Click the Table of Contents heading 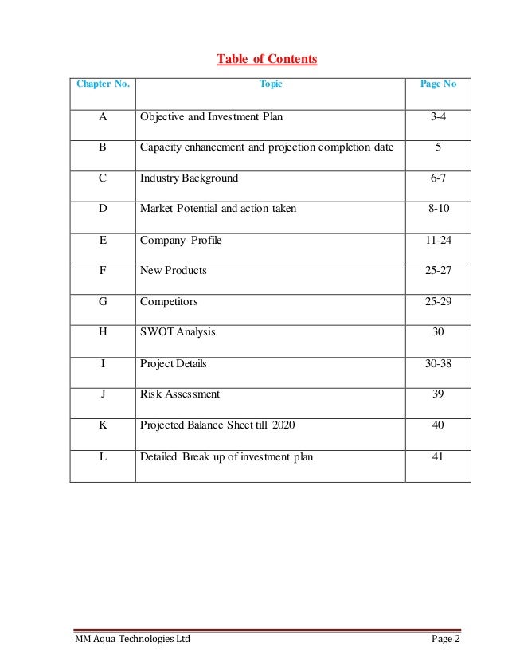(267, 60)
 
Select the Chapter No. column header (103, 84)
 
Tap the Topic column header (271, 84)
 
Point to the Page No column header (437, 84)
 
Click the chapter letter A (103, 117)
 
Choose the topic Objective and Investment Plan (211, 117)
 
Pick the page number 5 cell (437, 147)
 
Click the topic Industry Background (189, 178)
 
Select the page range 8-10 (437, 209)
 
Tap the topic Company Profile (181, 240)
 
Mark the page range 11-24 (437, 240)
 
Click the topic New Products (173, 271)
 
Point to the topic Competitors (169, 302)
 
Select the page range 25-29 (437, 302)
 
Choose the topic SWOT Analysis (178, 332)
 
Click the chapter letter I (103, 363)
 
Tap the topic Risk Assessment (180, 394)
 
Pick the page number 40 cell (437, 425)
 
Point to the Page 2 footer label (446, 640)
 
